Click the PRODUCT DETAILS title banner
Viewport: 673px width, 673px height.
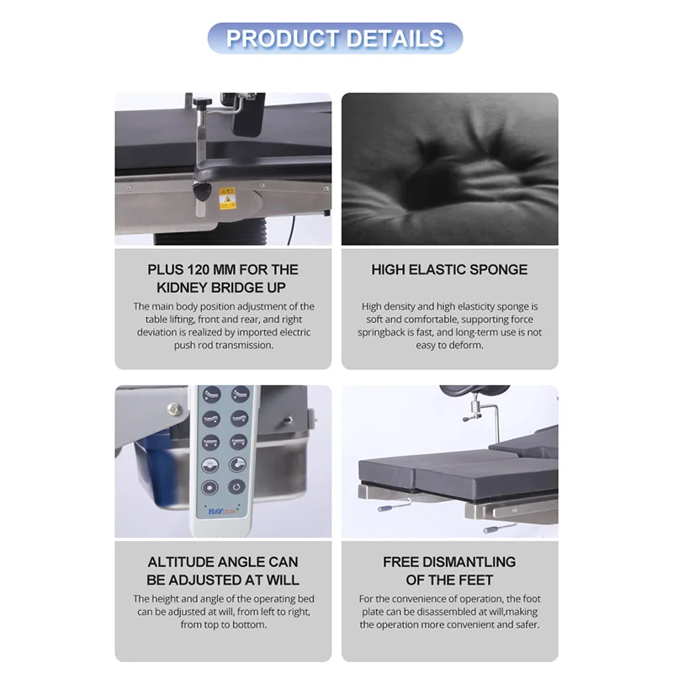335,38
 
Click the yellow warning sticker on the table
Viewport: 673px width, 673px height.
227,198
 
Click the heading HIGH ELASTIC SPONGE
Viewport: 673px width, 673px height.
449,270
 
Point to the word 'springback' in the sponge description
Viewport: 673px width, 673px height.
389,332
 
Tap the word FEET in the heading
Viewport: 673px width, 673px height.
473,580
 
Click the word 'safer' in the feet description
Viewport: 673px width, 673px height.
523,625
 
